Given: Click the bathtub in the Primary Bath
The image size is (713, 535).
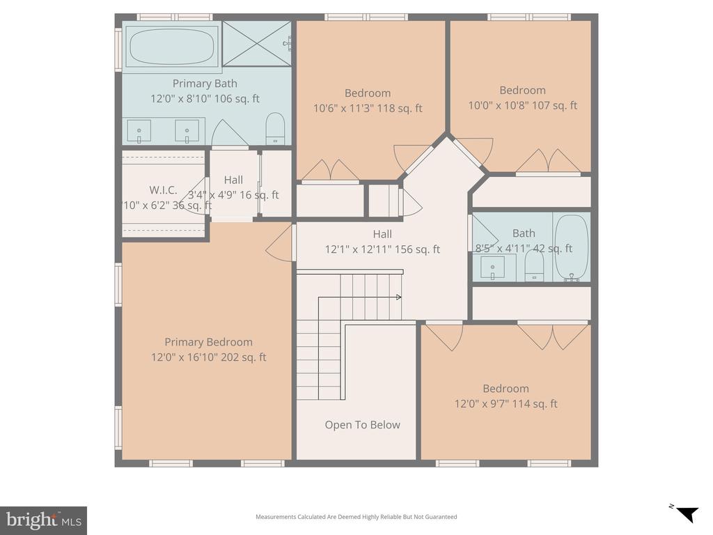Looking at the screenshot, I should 172,46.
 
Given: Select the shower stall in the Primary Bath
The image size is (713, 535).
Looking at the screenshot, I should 256,44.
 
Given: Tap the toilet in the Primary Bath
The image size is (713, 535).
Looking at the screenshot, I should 276,129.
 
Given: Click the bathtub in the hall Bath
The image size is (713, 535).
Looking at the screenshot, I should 572,248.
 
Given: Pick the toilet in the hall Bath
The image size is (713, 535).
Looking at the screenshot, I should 534,265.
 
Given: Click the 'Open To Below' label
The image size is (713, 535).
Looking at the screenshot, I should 362,425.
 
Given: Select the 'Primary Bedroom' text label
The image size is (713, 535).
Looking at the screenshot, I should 208,342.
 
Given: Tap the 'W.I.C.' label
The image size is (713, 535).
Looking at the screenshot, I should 163,190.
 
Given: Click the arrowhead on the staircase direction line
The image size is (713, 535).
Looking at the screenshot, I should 398,297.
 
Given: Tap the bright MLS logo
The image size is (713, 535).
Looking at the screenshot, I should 43,520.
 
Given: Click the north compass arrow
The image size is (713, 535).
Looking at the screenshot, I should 686,514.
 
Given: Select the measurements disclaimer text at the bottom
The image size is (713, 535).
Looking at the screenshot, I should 356,517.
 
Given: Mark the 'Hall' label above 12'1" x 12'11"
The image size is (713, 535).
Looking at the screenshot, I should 382,234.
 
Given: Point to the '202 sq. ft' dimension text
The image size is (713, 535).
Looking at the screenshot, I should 244,357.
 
